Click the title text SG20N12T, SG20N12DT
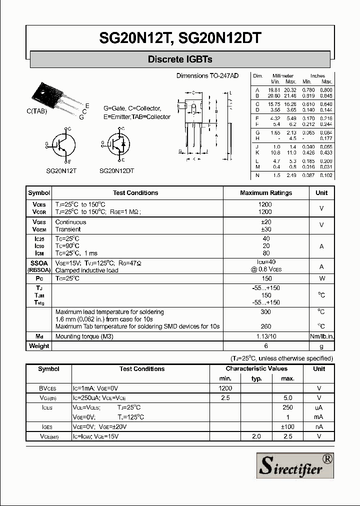pyautogui.click(x=180, y=38)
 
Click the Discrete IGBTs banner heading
pyautogui.click(x=180, y=59)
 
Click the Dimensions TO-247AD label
pyautogui.click(x=207, y=75)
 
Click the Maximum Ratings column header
pyautogui.click(x=266, y=193)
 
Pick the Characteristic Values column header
pyautogui.click(x=256, y=368)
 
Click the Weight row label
pyautogui.click(x=39, y=346)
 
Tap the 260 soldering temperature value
pyautogui.click(x=266, y=326)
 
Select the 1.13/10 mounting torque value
pyautogui.click(x=266, y=336)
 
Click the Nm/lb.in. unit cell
pyautogui.click(x=321, y=336)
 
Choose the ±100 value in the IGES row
pyautogui.click(x=287, y=426)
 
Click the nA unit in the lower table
pyautogui.click(x=319, y=426)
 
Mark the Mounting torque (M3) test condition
pyautogui.click(x=84, y=336)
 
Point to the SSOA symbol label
pyautogui.click(x=39, y=262)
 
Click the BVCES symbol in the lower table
pyautogui.click(x=48, y=388)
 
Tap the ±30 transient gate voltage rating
pyautogui.click(x=266, y=229)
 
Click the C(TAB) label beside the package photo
pyautogui.click(x=36, y=111)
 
